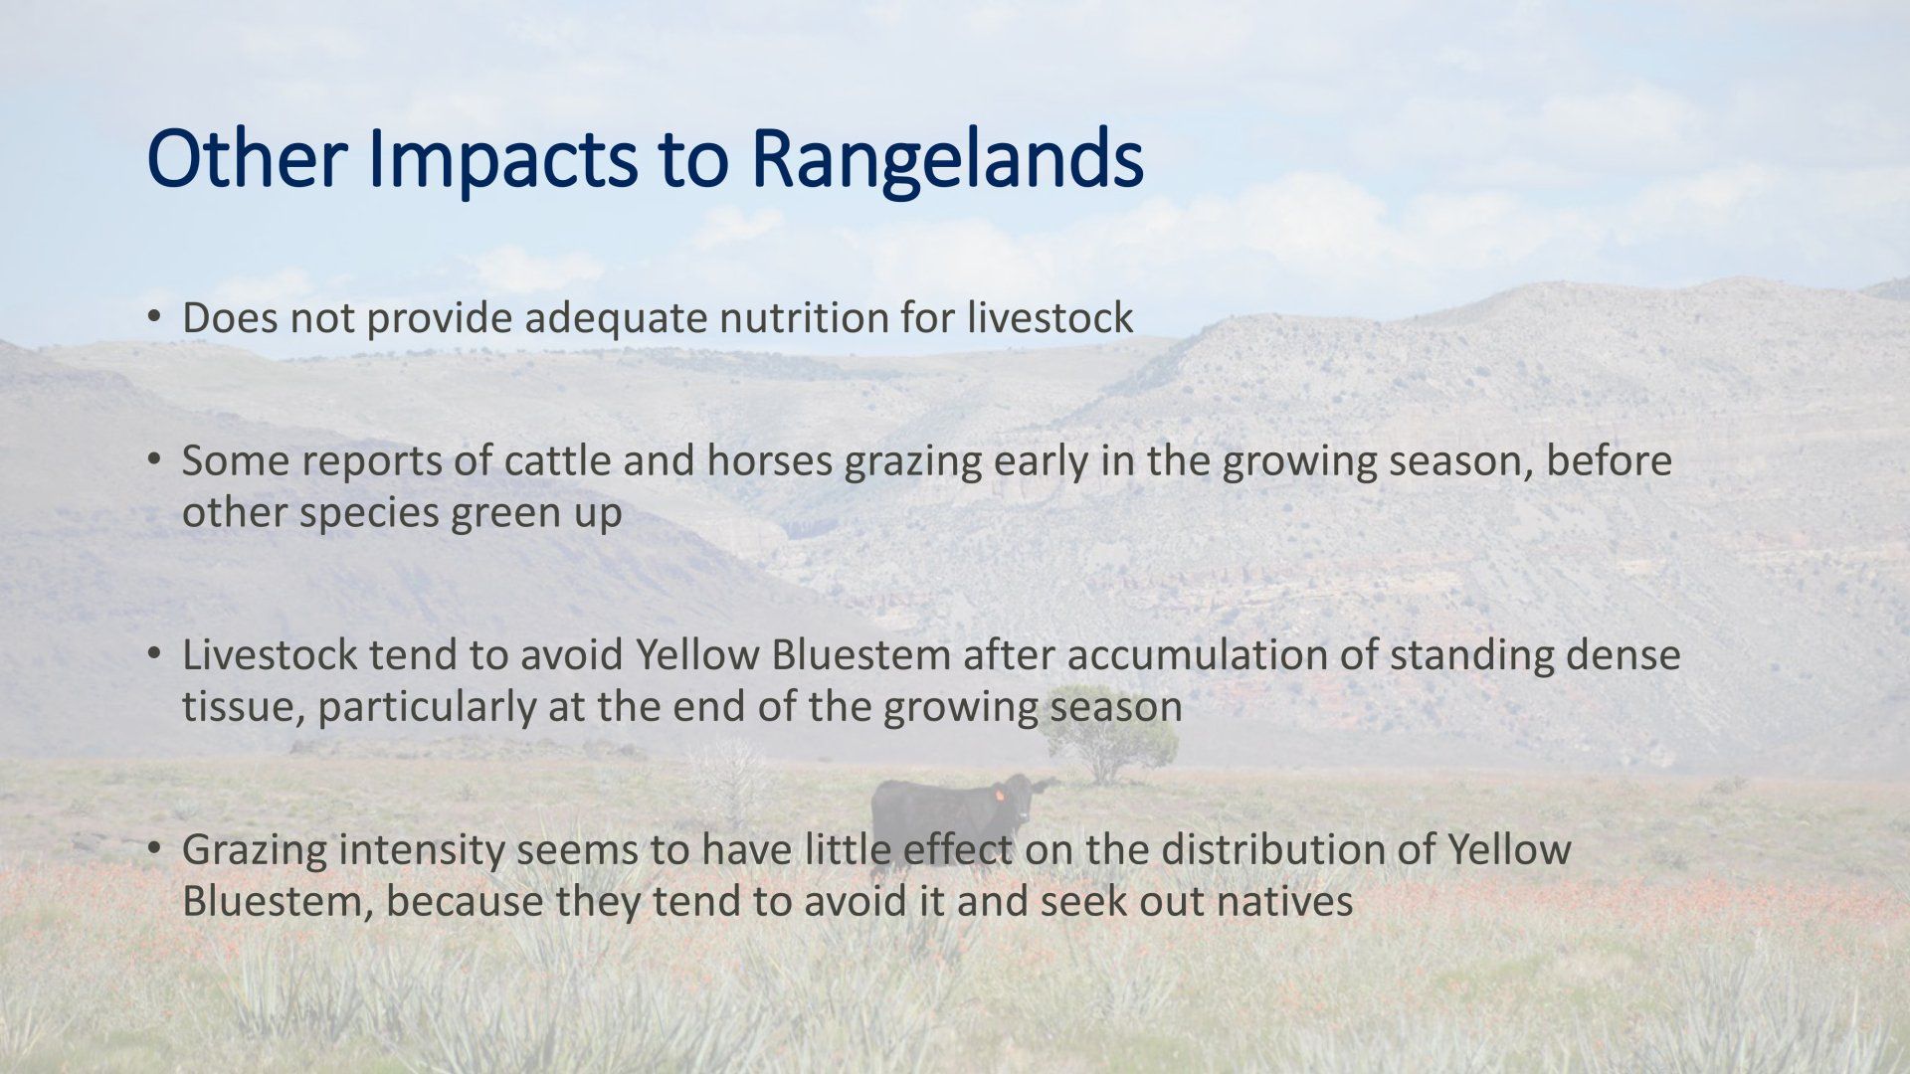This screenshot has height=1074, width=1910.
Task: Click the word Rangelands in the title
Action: (x=946, y=161)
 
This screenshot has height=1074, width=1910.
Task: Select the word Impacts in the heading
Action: (x=502, y=161)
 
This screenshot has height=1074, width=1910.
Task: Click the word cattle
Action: (x=556, y=460)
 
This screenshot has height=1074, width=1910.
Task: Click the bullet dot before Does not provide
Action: (x=153, y=317)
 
